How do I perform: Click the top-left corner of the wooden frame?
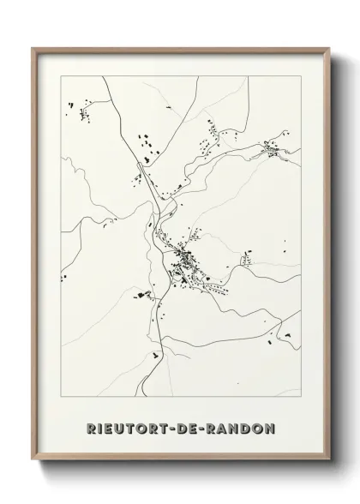(33, 48)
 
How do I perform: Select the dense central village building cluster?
(184, 261)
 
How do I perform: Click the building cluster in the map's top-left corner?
(83, 111)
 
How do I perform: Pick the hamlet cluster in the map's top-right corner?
(272, 152)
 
